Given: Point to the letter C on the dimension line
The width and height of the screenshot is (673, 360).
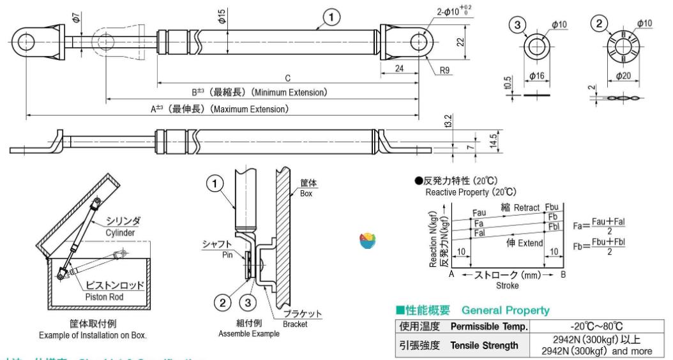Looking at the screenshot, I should [x=288, y=78].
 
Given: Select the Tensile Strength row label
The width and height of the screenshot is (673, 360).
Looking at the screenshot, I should [x=484, y=345].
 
